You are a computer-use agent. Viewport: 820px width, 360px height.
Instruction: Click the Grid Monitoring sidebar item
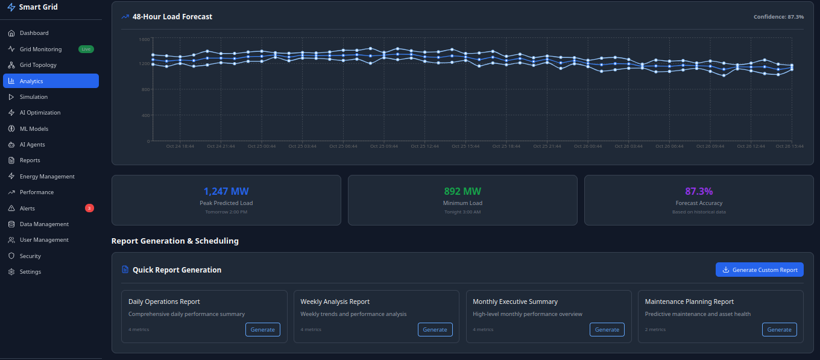pyautogui.click(x=40, y=49)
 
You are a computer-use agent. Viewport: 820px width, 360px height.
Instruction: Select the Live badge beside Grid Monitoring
pyautogui.click(x=86, y=49)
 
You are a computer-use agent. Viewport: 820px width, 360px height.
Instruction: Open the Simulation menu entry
pyautogui.click(x=33, y=96)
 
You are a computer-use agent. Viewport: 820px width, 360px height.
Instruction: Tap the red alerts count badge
pyautogui.click(x=89, y=208)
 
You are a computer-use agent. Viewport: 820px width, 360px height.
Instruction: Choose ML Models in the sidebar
pyautogui.click(x=34, y=128)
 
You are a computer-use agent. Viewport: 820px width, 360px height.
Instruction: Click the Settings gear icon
pyautogui.click(x=11, y=272)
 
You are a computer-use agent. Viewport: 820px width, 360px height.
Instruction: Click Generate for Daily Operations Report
pyautogui.click(x=262, y=329)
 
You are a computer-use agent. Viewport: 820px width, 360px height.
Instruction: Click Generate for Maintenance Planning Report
pyautogui.click(x=779, y=329)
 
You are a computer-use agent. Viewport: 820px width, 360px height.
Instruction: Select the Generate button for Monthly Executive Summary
pyautogui.click(x=607, y=329)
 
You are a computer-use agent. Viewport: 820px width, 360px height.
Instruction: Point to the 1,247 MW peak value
pyautogui.click(x=226, y=192)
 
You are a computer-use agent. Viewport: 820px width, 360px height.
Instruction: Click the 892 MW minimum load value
pyautogui.click(x=462, y=192)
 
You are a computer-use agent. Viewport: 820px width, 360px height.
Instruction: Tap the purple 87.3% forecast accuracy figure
pyautogui.click(x=699, y=192)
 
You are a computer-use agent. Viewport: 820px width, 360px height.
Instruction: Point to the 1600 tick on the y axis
pyautogui.click(x=143, y=39)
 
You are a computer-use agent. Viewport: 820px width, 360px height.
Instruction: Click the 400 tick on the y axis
pyautogui.click(x=145, y=115)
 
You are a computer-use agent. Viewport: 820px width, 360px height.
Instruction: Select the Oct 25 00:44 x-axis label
pyautogui.click(x=262, y=146)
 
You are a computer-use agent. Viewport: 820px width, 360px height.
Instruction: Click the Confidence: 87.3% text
pyautogui.click(x=778, y=17)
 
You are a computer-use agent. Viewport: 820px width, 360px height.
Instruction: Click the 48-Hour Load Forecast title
pyautogui.click(x=172, y=17)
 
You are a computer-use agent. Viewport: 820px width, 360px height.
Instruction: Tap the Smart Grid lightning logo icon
pyautogui.click(x=11, y=7)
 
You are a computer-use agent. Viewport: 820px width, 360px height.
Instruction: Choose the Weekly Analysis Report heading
pyautogui.click(x=335, y=302)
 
